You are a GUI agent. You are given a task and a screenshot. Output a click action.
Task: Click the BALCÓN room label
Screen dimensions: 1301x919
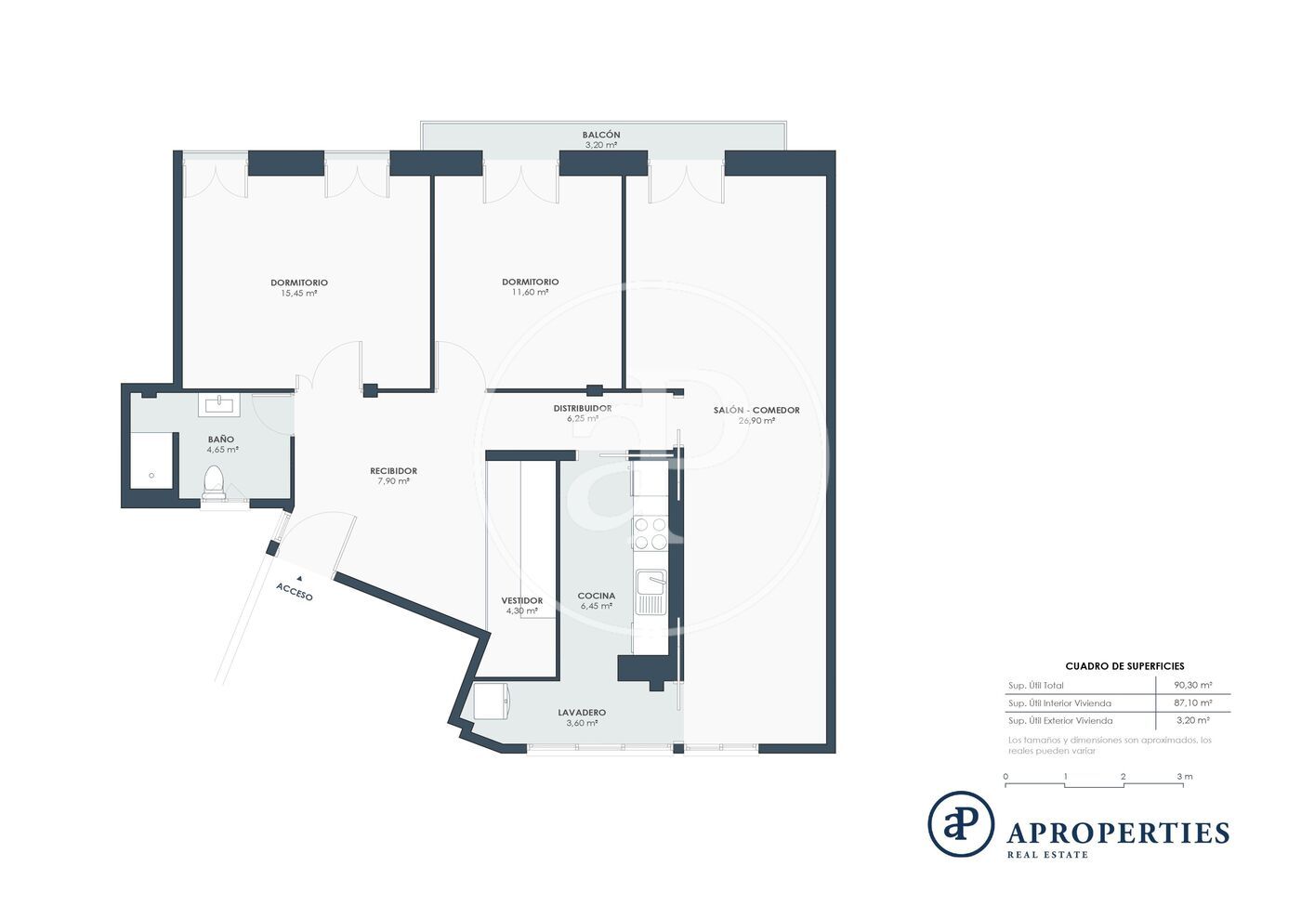(601, 135)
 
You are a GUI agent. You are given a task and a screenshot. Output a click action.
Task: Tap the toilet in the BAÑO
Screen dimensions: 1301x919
(214, 483)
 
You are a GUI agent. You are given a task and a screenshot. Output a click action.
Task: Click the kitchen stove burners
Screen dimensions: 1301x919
(650, 533)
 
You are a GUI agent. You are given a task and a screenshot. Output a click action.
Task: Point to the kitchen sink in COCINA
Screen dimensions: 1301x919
(651, 592)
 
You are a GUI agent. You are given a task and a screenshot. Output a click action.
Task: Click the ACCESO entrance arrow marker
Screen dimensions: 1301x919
(299, 578)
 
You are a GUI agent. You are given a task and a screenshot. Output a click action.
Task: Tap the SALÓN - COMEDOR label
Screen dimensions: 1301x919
(756, 410)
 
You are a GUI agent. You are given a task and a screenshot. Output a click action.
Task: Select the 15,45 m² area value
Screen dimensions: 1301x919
(299, 294)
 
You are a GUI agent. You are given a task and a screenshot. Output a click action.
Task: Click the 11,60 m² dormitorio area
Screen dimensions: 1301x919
(531, 292)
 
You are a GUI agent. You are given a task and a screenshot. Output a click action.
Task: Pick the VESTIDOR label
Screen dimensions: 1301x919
(522, 600)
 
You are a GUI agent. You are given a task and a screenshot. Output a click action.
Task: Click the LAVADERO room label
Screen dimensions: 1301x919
(582, 713)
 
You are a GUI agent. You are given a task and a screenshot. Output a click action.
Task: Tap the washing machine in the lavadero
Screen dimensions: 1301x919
(492, 702)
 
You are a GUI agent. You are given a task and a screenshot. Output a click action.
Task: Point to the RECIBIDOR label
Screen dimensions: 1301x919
(394, 471)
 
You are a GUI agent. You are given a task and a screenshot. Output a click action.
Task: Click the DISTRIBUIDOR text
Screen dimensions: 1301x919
(583, 408)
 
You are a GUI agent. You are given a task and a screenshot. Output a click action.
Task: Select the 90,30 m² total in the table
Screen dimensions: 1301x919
(1193, 686)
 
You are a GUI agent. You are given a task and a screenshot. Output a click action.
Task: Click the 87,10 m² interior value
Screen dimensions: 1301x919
(1193, 702)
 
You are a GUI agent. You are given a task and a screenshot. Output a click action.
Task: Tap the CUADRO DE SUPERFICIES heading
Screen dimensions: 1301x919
(1125, 666)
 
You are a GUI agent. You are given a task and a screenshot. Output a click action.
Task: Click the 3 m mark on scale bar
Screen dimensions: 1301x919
(1185, 777)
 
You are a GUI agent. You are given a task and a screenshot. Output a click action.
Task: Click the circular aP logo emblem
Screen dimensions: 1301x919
(961, 823)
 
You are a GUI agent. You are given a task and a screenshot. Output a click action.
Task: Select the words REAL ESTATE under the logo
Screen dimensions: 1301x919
(1047, 855)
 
